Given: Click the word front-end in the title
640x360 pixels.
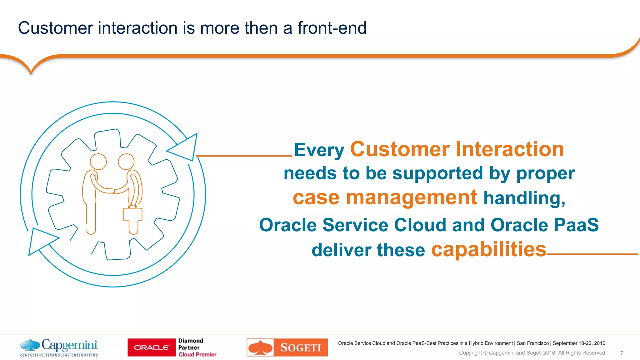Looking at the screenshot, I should (x=332, y=28).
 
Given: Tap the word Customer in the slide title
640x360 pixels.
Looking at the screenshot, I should (x=55, y=28).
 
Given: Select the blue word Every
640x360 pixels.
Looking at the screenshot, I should (x=319, y=150).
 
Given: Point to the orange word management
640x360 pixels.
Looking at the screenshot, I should (x=411, y=198).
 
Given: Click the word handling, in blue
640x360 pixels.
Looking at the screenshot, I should (x=524, y=198).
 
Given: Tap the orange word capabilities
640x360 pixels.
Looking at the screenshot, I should (x=488, y=250).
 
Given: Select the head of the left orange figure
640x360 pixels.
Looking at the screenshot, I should (x=98, y=162).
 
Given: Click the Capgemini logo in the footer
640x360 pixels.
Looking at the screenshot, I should (x=59, y=347).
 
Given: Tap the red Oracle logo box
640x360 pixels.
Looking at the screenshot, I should (x=152, y=347).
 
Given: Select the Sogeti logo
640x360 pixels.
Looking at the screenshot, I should (x=287, y=347).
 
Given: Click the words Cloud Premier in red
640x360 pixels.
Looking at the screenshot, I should (x=197, y=354).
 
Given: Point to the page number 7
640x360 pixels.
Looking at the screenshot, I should (x=621, y=353).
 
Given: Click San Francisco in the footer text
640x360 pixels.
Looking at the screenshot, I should (x=532, y=343).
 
